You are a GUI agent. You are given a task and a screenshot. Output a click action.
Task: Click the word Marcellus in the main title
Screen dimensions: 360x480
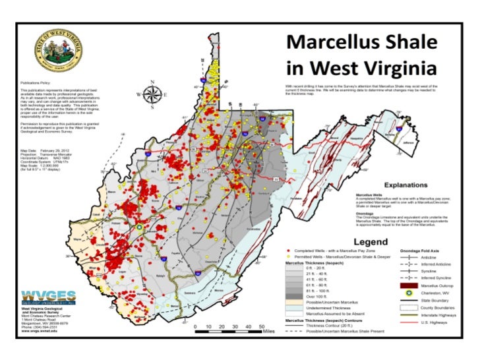[332, 44]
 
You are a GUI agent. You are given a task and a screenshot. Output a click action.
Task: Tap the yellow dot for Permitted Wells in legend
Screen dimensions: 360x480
[288, 257]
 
